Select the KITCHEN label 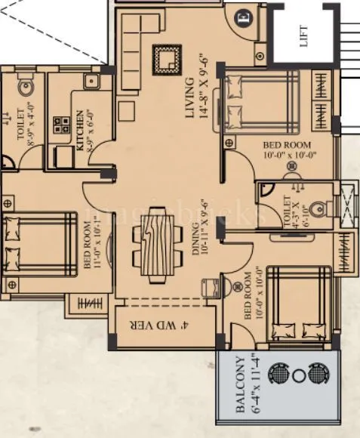click(x=80, y=128)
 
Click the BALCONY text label click(x=238, y=386)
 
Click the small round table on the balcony click(x=298, y=375)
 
